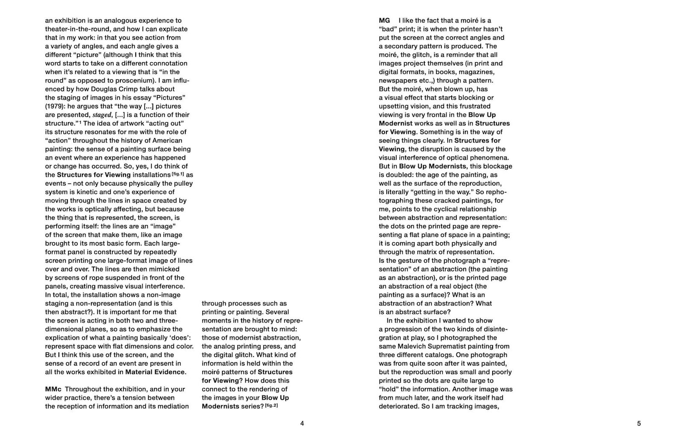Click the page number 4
[302, 424]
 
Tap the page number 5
[639, 424]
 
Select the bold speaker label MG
[384, 20]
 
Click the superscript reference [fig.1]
[178, 174]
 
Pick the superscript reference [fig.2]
[271, 406]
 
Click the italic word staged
[102, 115]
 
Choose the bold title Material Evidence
[155, 372]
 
